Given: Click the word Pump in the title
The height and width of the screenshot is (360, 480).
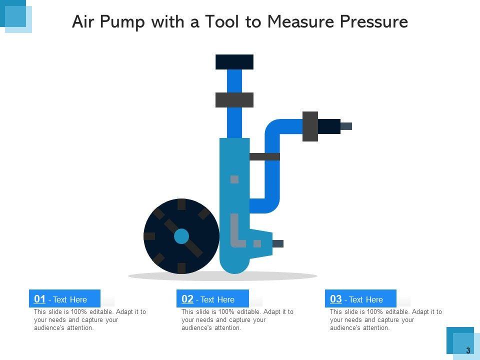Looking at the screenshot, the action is point(122,22).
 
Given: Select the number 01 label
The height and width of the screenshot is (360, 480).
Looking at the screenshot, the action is point(39,299).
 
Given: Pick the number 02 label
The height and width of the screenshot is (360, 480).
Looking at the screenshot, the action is point(187,299).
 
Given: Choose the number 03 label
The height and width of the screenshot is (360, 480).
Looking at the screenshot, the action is point(336,299).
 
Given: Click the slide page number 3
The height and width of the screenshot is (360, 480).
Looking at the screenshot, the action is point(468,350).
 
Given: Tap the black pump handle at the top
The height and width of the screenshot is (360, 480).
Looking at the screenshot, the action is point(234,62).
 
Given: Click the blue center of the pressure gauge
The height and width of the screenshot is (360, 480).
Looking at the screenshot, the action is point(181,236).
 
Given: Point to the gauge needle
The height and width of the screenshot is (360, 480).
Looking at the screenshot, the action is point(183,238).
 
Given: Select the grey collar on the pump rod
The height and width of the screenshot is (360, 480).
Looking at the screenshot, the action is point(234,100).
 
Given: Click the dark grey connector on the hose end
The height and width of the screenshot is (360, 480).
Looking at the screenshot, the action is point(310,126).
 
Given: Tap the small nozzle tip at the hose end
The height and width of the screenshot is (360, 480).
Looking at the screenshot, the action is point(346,126).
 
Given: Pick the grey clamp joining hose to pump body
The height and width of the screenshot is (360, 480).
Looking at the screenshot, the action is point(265,156).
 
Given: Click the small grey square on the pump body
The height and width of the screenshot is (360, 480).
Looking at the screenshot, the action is point(234,179).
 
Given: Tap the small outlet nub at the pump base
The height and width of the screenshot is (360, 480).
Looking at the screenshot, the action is point(278,243).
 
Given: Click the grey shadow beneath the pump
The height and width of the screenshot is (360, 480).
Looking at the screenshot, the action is point(222,276).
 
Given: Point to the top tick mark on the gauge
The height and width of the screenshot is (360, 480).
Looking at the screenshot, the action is point(181,204).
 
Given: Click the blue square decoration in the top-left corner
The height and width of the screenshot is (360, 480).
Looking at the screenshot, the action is point(15,16).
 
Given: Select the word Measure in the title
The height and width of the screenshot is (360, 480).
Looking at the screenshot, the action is point(300,21).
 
